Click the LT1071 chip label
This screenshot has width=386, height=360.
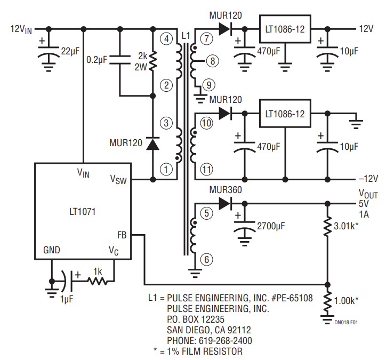[83, 211]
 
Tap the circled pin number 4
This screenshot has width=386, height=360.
[167, 39]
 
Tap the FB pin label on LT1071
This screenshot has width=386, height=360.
[122, 234]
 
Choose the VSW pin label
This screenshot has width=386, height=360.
[118, 179]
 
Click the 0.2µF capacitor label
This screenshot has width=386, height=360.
[96, 60]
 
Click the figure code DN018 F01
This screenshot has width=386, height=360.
[346, 322]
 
